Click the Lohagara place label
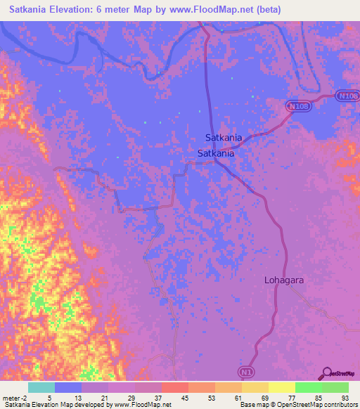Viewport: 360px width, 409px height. (284, 280)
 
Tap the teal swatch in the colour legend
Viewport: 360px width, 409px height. (41, 387)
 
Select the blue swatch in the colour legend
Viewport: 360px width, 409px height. (68, 387)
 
